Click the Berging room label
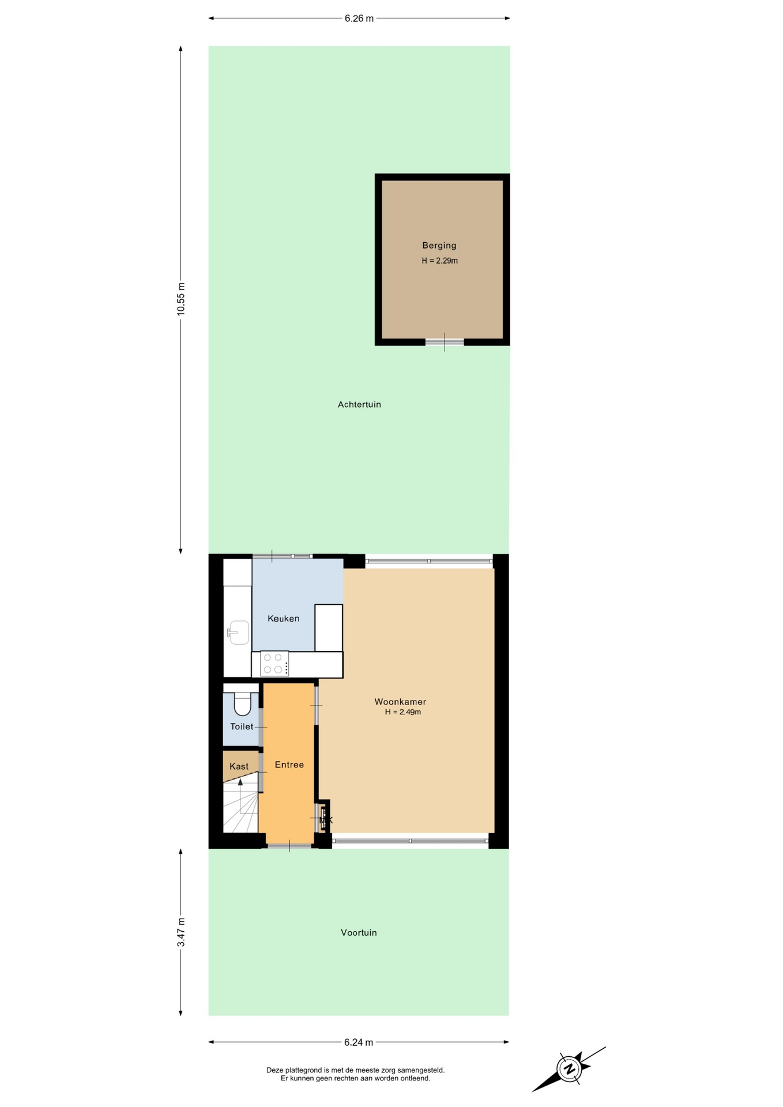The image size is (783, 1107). click(x=439, y=246)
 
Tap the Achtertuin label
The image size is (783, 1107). click(x=359, y=405)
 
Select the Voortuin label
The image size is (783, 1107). click(x=359, y=933)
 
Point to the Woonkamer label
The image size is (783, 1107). click(x=400, y=702)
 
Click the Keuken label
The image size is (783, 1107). click(x=283, y=619)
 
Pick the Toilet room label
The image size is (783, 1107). click(x=242, y=726)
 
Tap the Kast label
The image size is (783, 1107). click(x=239, y=766)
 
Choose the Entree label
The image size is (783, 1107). click(x=289, y=765)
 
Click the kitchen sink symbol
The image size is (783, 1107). click(x=238, y=632)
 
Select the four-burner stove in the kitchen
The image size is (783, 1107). click(x=274, y=664)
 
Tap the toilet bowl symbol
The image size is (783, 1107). click(x=242, y=702)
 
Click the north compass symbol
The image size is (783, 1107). click(x=569, y=1069)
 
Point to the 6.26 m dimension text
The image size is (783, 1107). click(x=359, y=18)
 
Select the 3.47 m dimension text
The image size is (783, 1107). click(x=181, y=932)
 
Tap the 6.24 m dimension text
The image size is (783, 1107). click(x=359, y=1042)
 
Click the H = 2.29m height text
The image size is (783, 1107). click(x=439, y=261)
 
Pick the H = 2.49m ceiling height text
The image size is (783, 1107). click(x=403, y=712)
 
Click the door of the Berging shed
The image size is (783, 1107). click(x=445, y=342)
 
